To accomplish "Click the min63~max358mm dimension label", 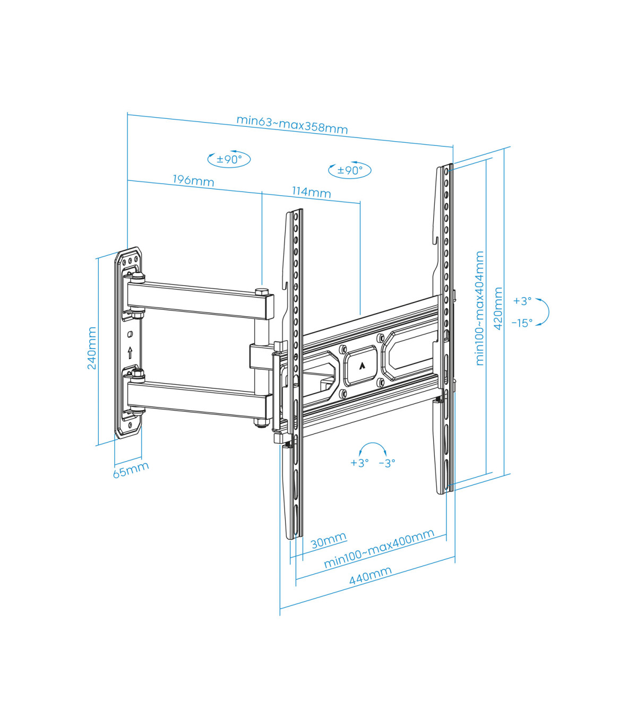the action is click(292, 124).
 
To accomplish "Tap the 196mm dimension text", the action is click(193, 180).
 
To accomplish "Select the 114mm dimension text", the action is click(312, 192).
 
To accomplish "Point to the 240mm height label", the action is click(92, 348).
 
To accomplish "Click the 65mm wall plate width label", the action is click(131, 470).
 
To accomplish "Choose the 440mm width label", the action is click(370, 576).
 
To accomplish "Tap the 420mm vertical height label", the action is click(498, 308).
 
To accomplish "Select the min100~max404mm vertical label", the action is click(480, 308).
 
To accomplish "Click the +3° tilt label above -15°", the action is click(522, 301).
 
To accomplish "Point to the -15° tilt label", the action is click(522, 323).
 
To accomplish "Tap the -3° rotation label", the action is click(387, 463).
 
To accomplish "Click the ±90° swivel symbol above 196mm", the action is click(229, 159).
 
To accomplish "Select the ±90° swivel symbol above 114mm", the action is click(350, 170).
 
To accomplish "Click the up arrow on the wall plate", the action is click(130, 353).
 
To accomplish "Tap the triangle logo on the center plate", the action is click(362, 366).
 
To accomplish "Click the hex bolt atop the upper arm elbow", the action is click(262, 291).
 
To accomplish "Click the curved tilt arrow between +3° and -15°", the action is click(548, 312).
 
